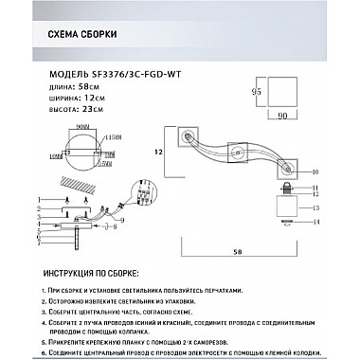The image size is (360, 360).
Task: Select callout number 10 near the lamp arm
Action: (x=314, y=171)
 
